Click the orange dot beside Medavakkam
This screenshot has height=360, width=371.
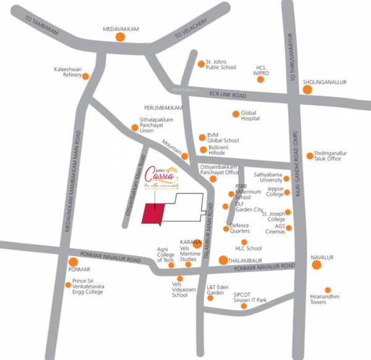point(120,38)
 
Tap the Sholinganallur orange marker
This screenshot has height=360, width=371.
point(308,90)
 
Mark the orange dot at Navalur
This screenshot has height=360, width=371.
point(317,265)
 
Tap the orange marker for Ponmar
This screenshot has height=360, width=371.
point(73,262)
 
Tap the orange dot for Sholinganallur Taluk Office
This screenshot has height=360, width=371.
point(309,156)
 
